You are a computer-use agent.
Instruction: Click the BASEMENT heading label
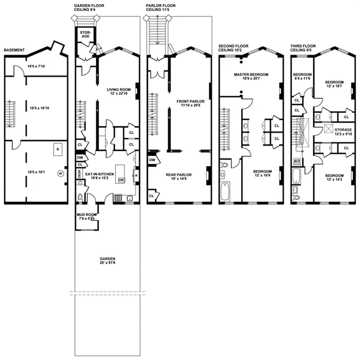pyautogui.click(x=14, y=50)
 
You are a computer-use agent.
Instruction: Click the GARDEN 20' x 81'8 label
pyautogui.click(x=108, y=261)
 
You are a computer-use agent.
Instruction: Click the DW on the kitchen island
pyautogui.click(x=121, y=180)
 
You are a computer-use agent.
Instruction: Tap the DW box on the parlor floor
pyautogui.click(x=152, y=160)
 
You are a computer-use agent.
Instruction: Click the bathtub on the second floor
pyautogui.click(x=225, y=191)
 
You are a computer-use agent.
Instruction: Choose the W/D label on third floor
pyautogui.click(x=297, y=161)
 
